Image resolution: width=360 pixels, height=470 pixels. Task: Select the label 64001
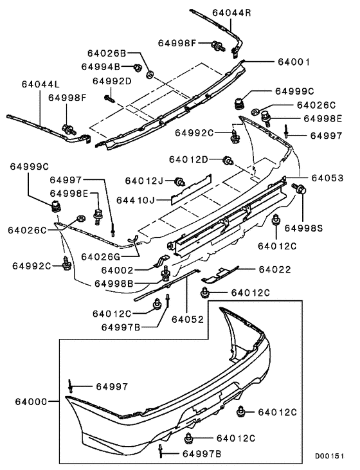point(294,62)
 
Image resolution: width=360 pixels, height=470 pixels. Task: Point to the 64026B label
point(108,53)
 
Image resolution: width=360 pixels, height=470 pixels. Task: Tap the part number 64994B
point(101,66)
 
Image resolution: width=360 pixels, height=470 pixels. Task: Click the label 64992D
point(112,81)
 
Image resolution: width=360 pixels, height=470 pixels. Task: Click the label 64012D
point(189,159)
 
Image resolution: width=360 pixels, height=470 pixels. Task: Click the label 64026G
point(100,257)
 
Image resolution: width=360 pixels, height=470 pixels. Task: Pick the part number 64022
point(275,269)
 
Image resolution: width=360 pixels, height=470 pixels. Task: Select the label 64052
point(187,318)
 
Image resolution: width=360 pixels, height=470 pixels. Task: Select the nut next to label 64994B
point(137,67)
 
